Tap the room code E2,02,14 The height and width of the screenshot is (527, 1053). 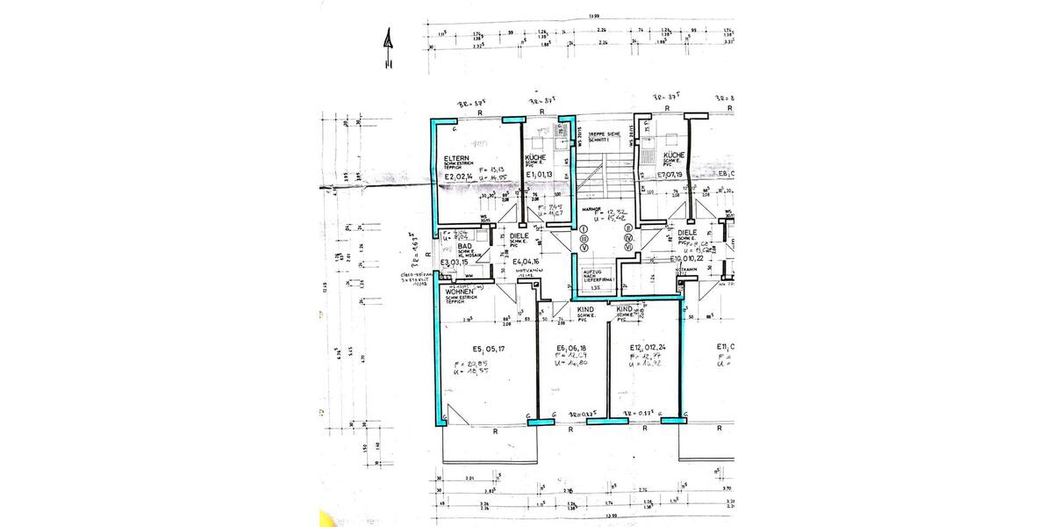[x=461, y=176]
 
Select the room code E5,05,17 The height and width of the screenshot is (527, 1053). [x=488, y=347]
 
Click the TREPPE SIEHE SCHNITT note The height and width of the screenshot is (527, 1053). [x=604, y=136]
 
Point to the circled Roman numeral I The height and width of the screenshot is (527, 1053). [x=584, y=228]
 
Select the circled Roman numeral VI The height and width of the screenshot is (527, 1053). [x=628, y=247]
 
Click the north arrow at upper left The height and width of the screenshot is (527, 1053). [x=387, y=48]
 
